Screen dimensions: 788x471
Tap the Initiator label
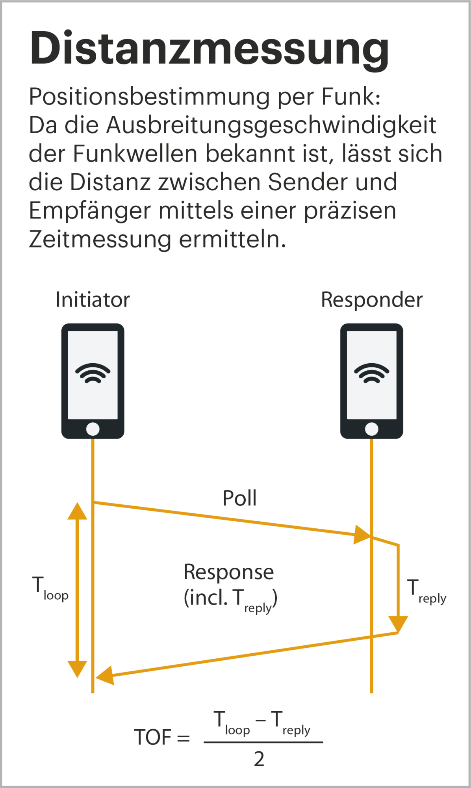(x=93, y=300)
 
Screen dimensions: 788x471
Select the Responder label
(x=371, y=300)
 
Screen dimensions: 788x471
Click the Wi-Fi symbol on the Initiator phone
(x=93, y=373)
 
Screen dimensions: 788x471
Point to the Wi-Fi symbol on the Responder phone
(x=371, y=373)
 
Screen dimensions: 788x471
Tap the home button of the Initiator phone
(x=93, y=429)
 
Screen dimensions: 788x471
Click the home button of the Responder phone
(x=371, y=429)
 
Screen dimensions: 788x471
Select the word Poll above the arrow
(x=239, y=498)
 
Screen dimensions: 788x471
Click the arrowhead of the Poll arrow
(x=362, y=534)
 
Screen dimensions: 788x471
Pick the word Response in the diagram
(x=228, y=572)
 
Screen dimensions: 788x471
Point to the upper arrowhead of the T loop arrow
(x=77, y=511)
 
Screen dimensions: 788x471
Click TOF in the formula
(x=153, y=737)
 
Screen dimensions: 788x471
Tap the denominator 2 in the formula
(x=259, y=759)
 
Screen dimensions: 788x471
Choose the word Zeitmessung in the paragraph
(x=100, y=239)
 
